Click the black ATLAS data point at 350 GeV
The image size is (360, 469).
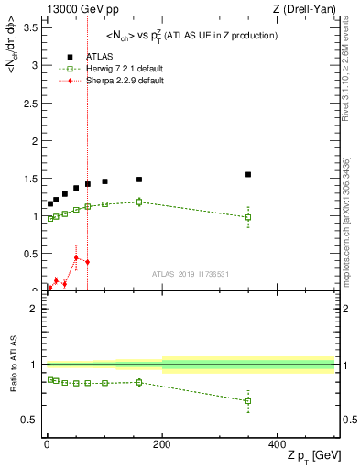248,174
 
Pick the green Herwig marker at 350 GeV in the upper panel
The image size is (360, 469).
248,217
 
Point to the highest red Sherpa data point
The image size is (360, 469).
76,257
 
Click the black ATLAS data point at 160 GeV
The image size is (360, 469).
139,180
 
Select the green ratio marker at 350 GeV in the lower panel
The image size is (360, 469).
248,401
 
